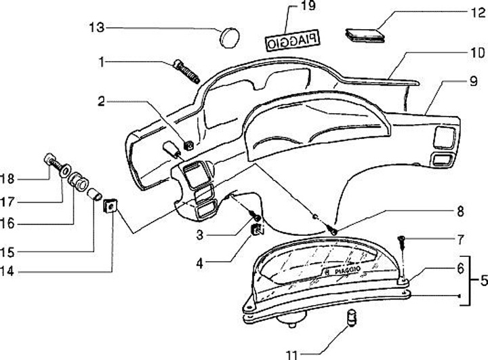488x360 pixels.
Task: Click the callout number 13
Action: tap(96, 27)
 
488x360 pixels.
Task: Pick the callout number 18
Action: tap(7, 180)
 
